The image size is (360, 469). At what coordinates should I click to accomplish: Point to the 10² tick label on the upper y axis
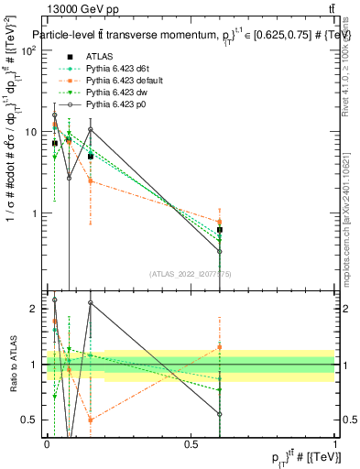click(29, 50)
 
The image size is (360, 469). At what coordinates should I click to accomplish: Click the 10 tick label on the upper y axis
click(31, 132)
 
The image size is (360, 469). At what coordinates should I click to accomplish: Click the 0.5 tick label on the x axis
click(191, 444)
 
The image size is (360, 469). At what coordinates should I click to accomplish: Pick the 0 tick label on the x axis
click(47, 444)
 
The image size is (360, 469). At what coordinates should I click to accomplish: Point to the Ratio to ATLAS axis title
click(12, 365)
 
